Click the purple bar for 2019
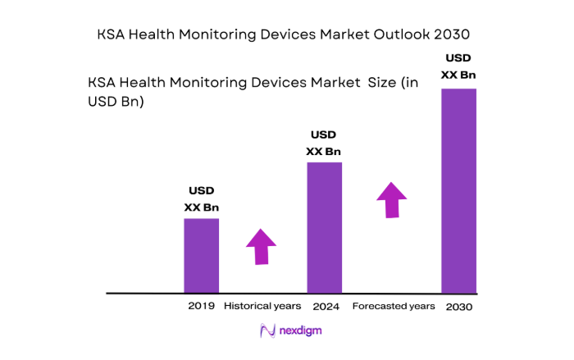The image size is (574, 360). tap(201, 255)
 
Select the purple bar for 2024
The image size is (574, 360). tap(324, 227)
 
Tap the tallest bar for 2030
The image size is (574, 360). tap(458, 190)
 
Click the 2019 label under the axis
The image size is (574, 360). tap(201, 306)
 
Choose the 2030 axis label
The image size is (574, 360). tap(459, 307)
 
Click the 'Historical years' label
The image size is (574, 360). tap(262, 306)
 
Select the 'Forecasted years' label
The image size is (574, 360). tap(394, 306)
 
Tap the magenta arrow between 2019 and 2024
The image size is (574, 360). tap(261, 247)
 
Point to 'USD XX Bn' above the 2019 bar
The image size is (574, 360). tap(201, 199)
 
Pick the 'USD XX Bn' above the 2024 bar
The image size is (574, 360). tap(324, 144)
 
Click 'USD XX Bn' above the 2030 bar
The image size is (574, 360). tap(458, 66)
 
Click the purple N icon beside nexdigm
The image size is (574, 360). tap(266, 331)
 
